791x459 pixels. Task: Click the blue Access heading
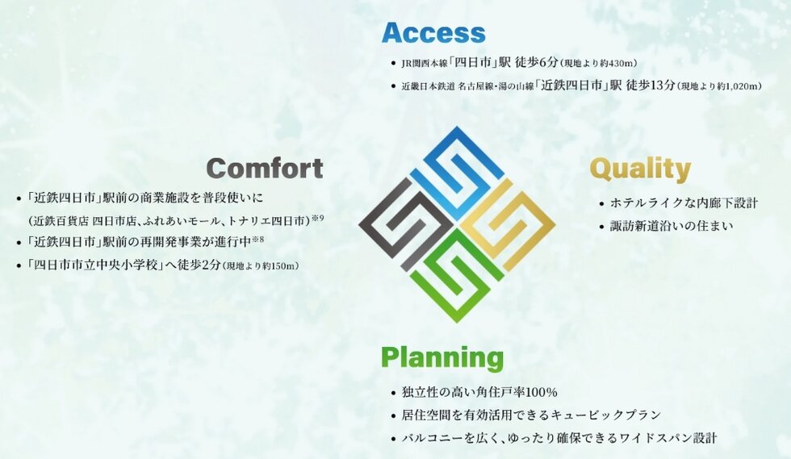(433, 32)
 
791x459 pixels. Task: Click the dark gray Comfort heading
(265, 168)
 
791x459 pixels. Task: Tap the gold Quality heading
(640, 169)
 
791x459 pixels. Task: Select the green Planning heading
(442, 357)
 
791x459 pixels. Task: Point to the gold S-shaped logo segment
(508, 224)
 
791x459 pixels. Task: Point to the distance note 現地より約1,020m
(719, 86)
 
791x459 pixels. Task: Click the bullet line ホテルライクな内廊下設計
(684, 203)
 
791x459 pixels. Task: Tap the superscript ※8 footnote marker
(257, 240)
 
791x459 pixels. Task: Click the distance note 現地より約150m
(261, 265)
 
